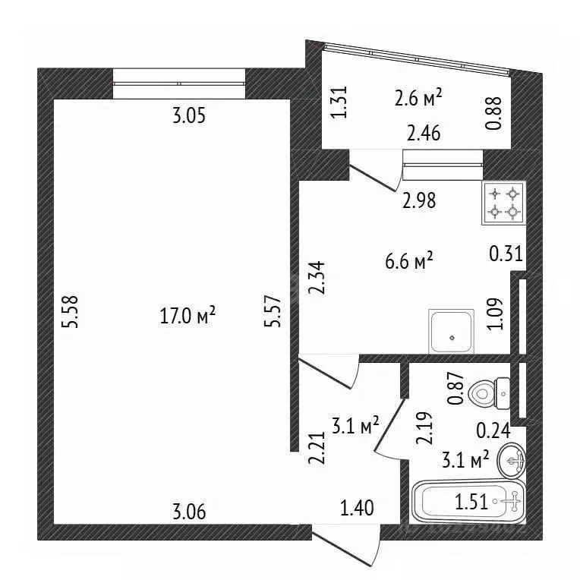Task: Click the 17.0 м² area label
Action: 188,316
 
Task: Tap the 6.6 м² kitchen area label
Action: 408,261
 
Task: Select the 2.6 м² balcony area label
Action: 418,98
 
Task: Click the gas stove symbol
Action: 503,203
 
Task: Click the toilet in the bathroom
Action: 489,393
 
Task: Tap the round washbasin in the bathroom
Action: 512,462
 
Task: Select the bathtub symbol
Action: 468,501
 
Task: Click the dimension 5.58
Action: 71,311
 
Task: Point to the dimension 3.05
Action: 188,116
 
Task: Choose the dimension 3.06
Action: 189,512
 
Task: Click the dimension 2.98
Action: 419,200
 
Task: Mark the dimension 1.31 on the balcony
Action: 339,102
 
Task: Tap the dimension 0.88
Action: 493,113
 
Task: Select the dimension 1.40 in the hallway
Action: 357,508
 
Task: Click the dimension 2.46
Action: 424,133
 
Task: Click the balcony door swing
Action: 373,178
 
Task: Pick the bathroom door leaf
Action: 389,424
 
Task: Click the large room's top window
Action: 179,84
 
